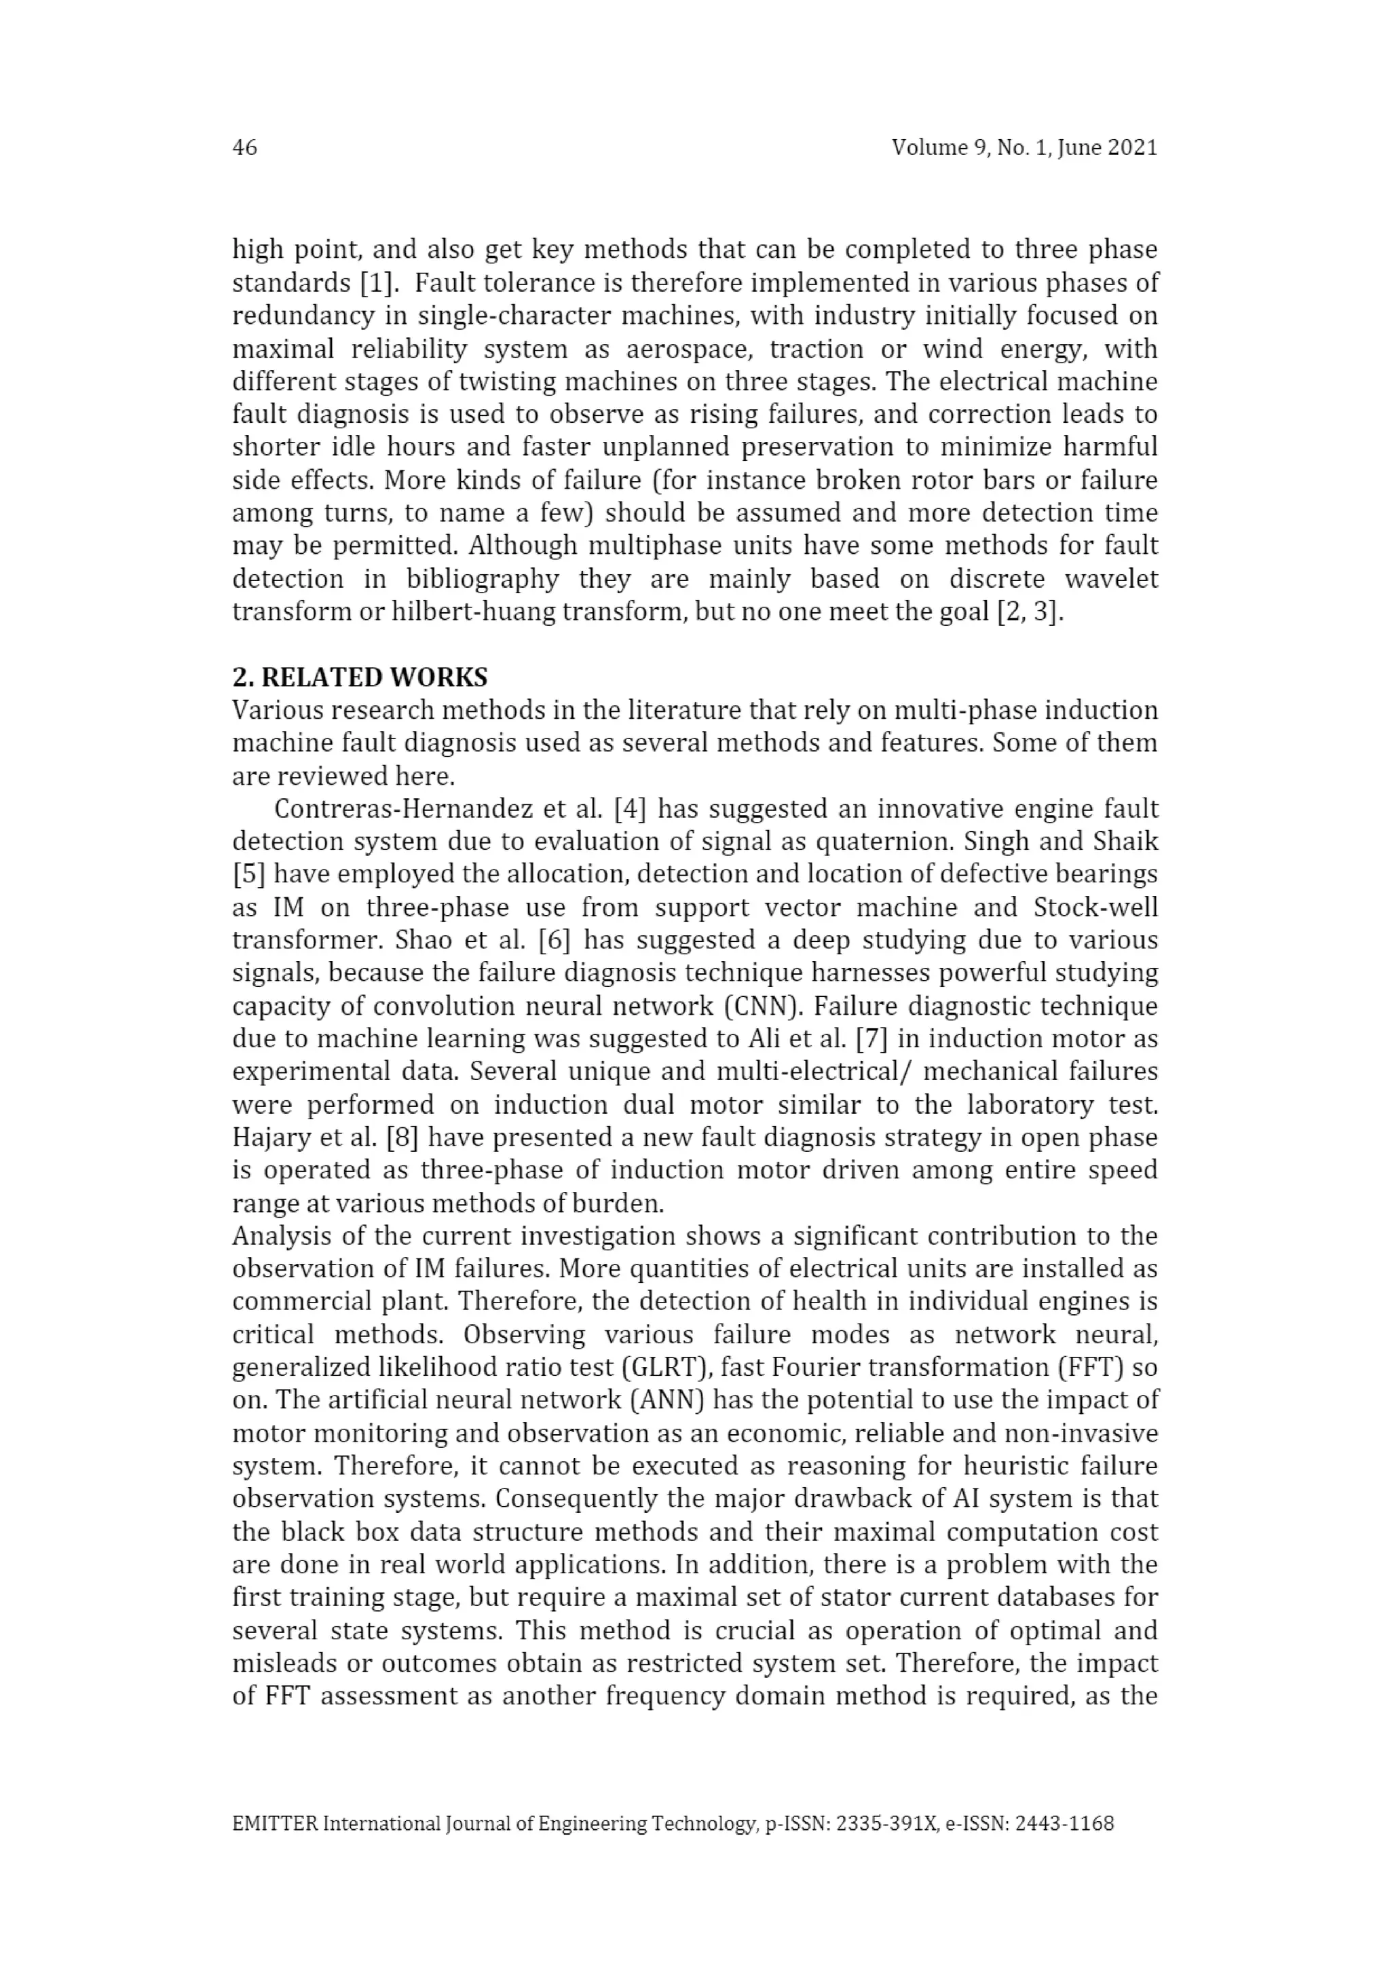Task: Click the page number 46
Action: coord(244,147)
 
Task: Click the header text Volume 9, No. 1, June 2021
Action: coord(1023,147)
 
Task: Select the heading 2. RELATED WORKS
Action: coord(360,677)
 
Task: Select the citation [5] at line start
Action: coord(248,875)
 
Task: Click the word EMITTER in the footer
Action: coord(275,1823)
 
